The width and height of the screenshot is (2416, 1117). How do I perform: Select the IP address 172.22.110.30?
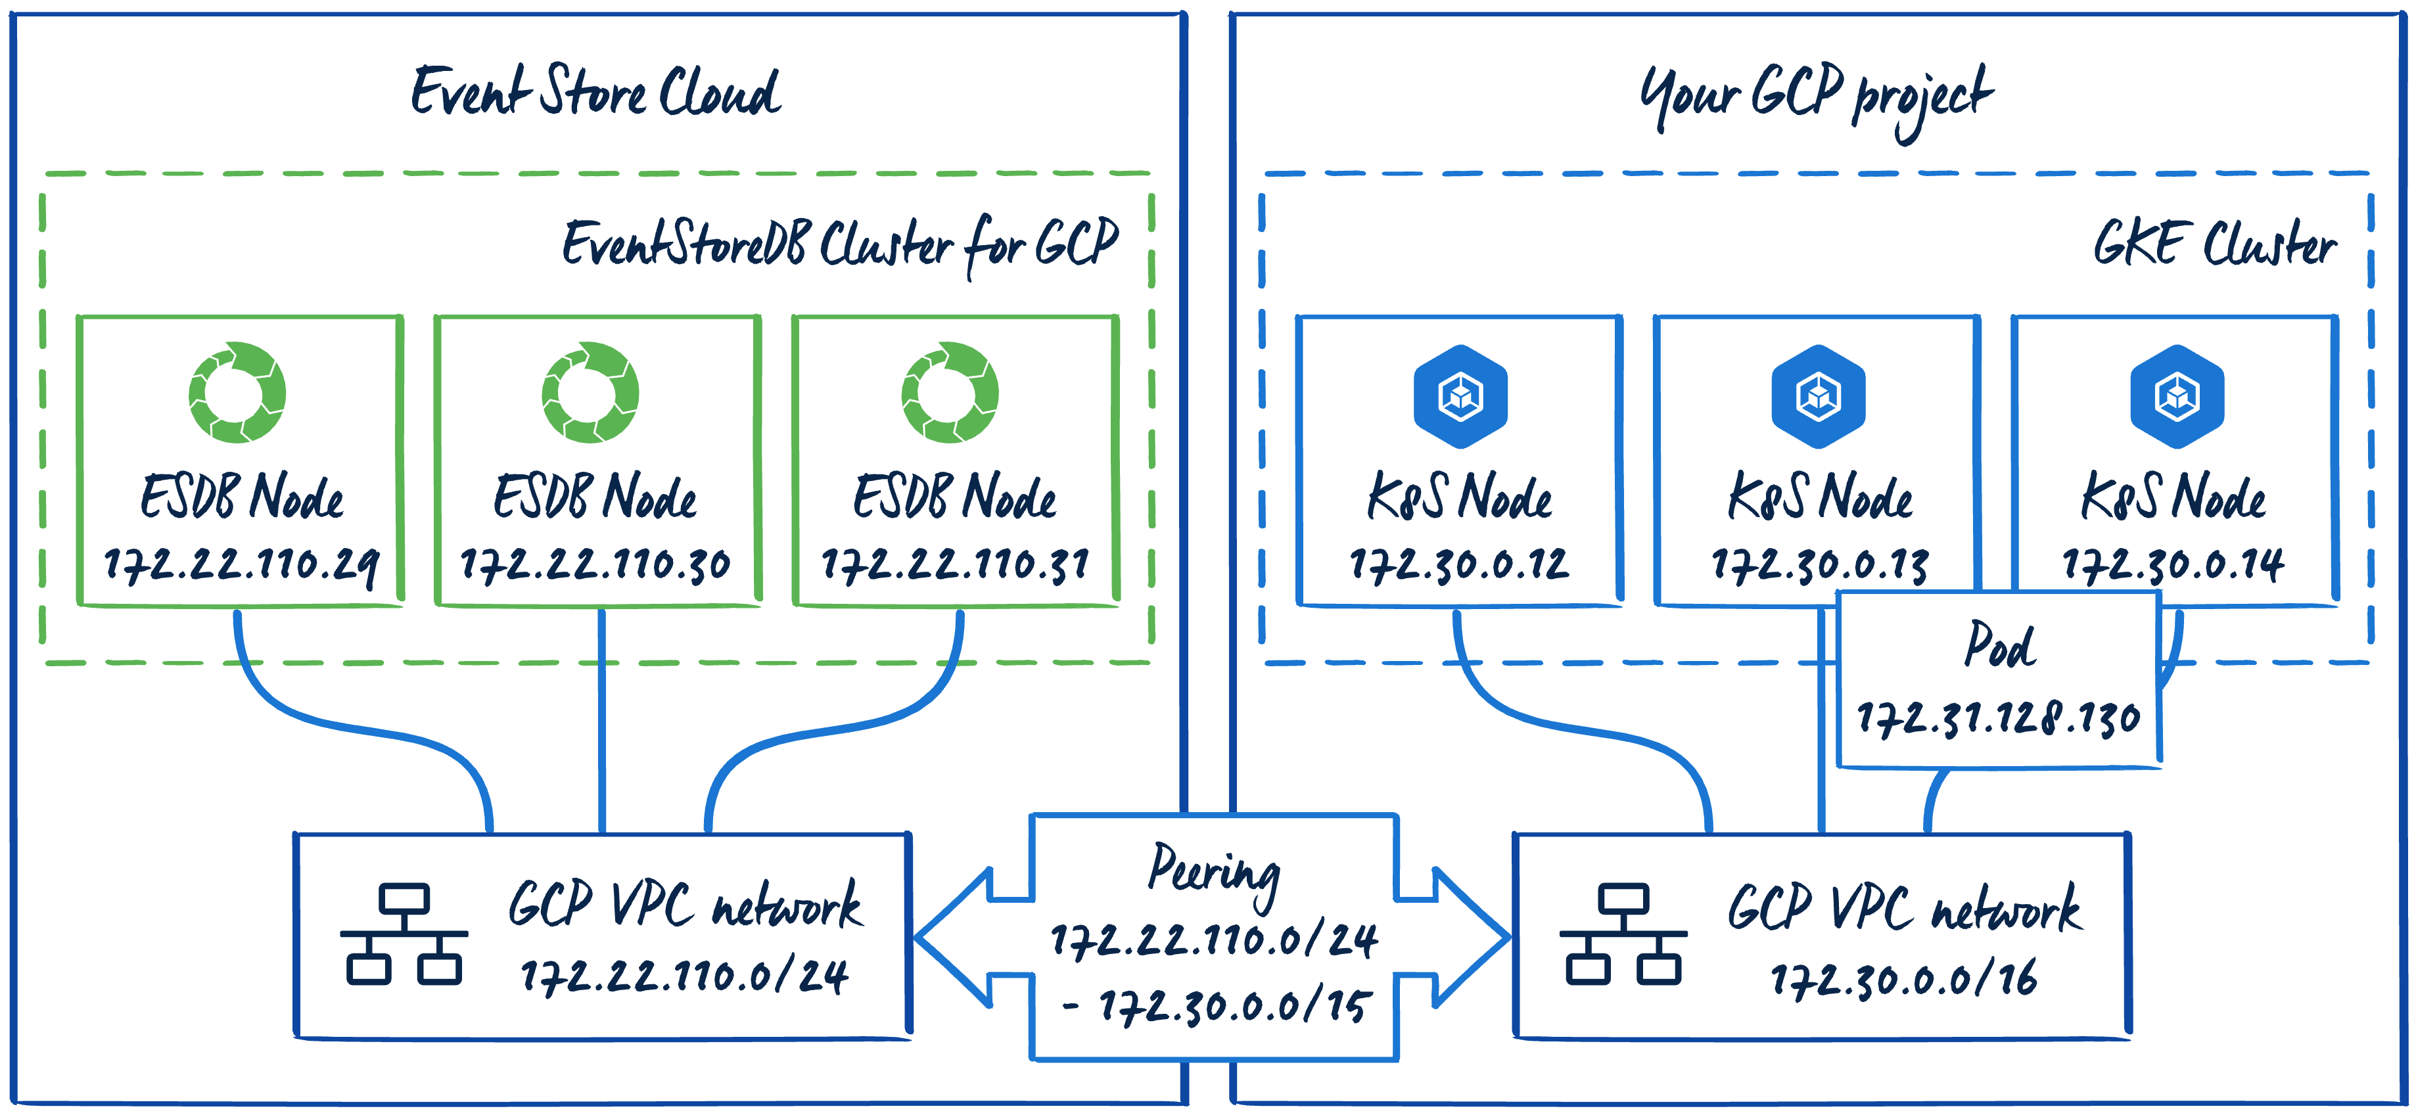[x=595, y=564]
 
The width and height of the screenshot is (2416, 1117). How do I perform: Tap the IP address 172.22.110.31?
[x=955, y=564]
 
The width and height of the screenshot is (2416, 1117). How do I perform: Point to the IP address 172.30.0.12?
[x=1458, y=564]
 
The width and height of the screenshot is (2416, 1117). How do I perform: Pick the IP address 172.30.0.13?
[x=1819, y=564]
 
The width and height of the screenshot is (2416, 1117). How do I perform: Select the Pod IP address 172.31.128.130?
[x=1999, y=718]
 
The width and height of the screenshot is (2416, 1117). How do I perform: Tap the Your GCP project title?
[x=1816, y=97]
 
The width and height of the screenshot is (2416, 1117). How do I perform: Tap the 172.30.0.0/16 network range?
[x=1904, y=980]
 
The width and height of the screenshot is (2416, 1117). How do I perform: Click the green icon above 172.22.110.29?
[x=237, y=392]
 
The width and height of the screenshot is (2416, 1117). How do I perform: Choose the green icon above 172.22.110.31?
[x=950, y=392]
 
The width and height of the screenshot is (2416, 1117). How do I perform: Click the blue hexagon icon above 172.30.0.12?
[x=1460, y=396]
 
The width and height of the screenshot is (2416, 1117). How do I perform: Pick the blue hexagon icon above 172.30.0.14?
[x=2177, y=396]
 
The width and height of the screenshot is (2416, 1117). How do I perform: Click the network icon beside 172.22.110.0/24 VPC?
[x=404, y=934]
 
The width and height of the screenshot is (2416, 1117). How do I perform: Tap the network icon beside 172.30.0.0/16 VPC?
[x=1623, y=934]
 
